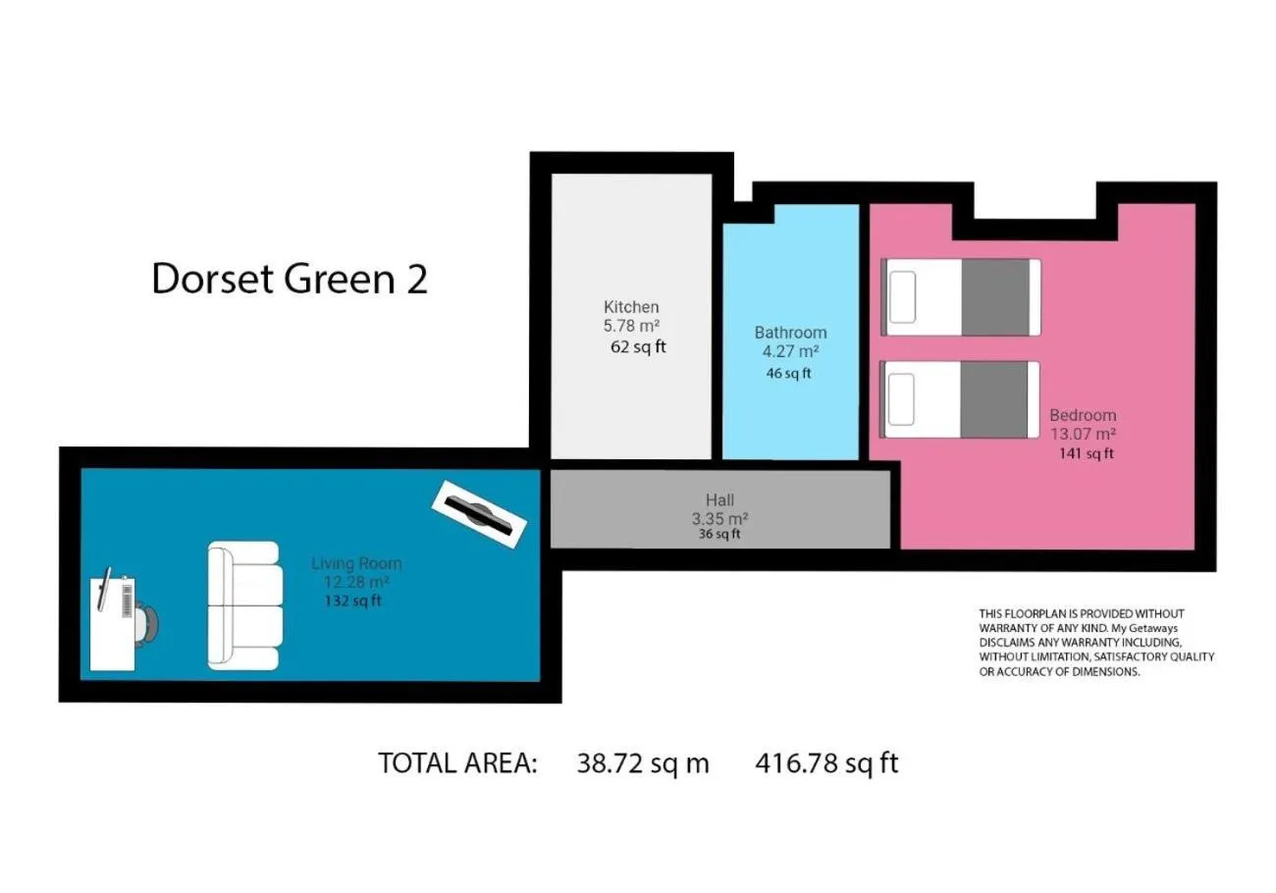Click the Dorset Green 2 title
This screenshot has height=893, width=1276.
click(x=290, y=280)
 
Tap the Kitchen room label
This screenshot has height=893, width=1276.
click(x=631, y=307)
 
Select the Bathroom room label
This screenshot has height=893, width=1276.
click(x=790, y=333)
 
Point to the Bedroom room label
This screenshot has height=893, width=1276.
click(x=1083, y=415)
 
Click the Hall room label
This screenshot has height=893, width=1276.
click(x=719, y=500)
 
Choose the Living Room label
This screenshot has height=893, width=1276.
click(x=356, y=564)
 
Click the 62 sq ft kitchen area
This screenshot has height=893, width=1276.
click(x=638, y=347)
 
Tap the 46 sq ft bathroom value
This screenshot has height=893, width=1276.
click(x=788, y=373)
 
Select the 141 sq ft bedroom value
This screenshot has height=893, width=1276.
click(x=1086, y=453)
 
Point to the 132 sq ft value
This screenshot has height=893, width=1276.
click(x=353, y=602)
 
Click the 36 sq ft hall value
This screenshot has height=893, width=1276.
click(x=718, y=535)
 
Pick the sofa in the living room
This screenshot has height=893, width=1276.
click(x=244, y=606)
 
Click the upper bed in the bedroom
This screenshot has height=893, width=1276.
click(x=960, y=296)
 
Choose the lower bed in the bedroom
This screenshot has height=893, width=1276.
click(x=960, y=399)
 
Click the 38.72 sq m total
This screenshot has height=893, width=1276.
click(x=643, y=763)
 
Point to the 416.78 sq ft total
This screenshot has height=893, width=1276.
click(x=826, y=763)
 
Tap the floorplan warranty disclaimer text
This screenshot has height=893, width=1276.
click(x=1096, y=643)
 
